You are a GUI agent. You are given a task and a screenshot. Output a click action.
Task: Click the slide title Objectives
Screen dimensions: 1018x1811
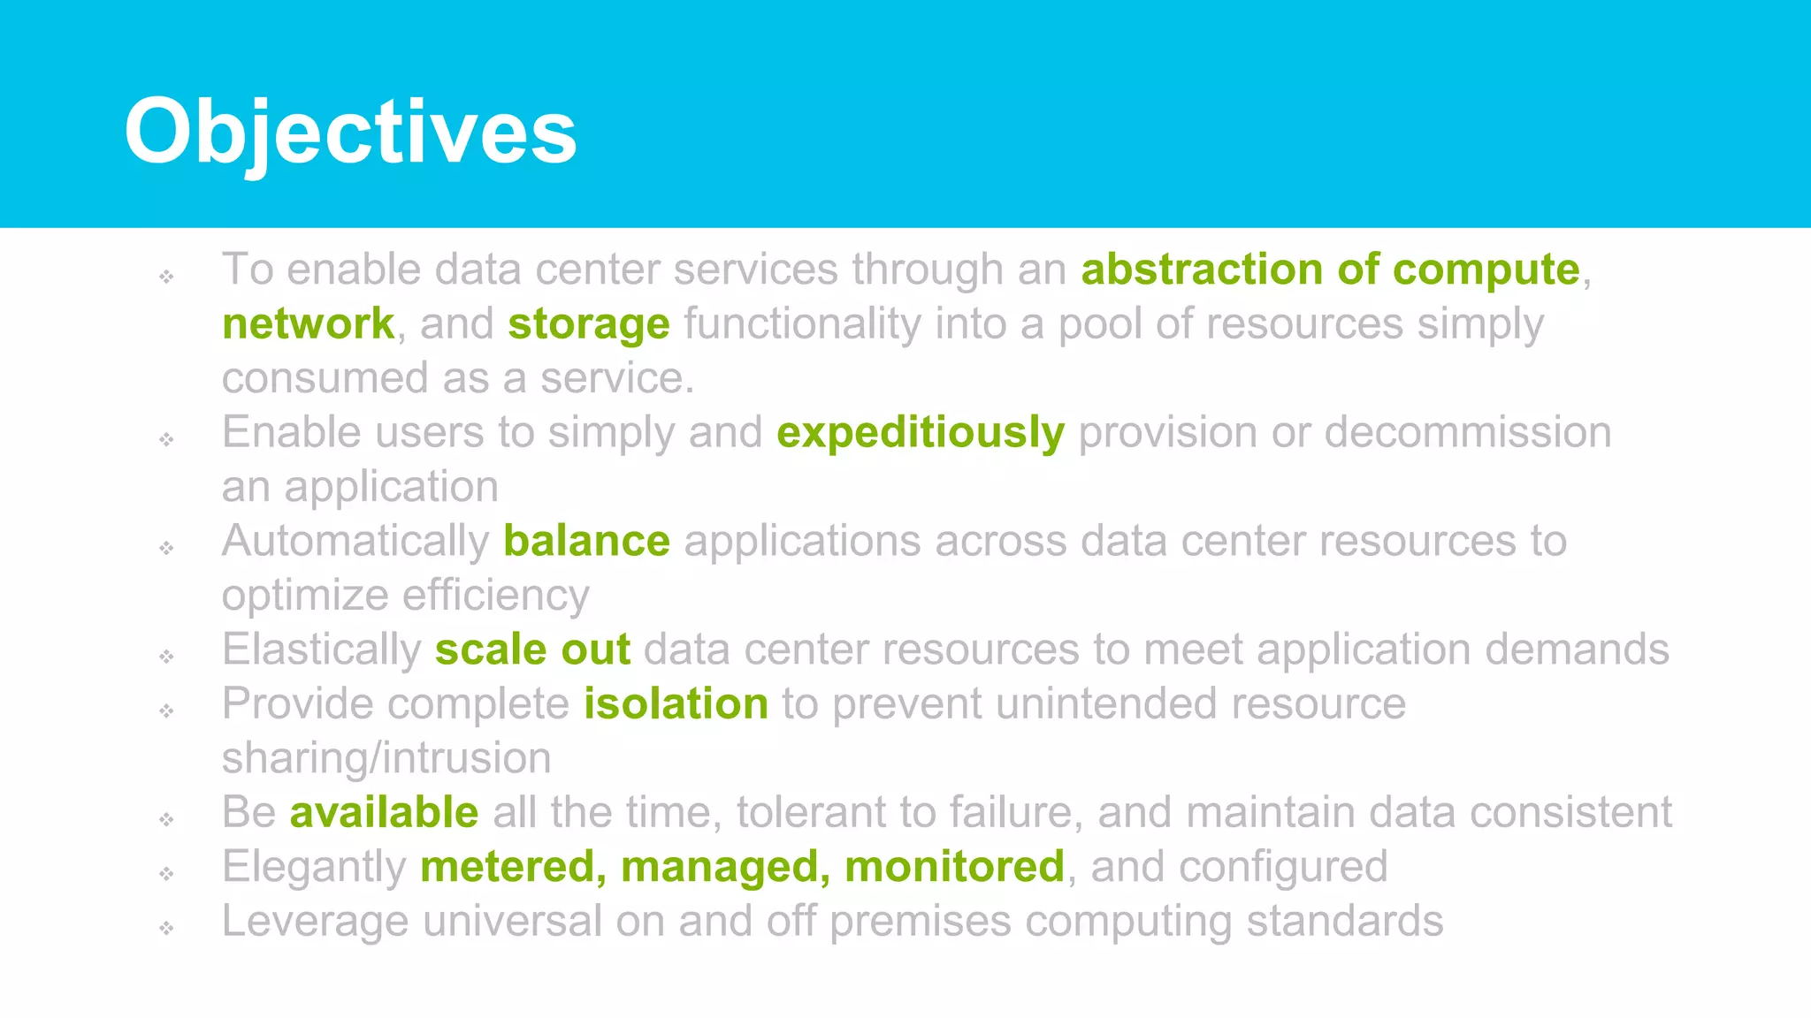click(350, 131)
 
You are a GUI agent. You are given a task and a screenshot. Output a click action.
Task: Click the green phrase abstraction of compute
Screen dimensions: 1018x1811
click(1330, 269)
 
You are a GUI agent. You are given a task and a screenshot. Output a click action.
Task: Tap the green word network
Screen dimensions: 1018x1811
click(308, 323)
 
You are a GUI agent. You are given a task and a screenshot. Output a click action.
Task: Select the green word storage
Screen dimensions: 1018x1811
click(588, 323)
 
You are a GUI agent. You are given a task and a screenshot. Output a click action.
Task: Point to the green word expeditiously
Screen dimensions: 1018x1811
click(920, 432)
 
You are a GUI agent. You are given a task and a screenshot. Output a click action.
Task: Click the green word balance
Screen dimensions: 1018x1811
click(586, 541)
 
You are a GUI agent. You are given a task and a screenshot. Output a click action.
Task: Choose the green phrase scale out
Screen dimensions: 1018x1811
click(532, 650)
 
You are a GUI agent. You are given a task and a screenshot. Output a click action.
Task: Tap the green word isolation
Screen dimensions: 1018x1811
click(676, 704)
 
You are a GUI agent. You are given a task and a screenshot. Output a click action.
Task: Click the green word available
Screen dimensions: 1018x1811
click(384, 812)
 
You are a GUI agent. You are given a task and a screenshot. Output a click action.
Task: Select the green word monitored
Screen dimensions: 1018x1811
click(954, 866)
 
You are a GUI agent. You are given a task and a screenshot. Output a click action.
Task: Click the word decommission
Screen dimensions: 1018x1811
click(1467, 432)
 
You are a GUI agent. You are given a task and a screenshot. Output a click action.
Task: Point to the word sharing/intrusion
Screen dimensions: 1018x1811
click(386, 758)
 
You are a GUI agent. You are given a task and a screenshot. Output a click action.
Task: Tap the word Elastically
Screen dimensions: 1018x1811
click(322, 650)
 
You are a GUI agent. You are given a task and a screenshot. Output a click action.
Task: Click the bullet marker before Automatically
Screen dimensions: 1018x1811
click(167, 548)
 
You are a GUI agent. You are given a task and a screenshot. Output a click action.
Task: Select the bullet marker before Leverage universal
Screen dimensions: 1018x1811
click(167, 928)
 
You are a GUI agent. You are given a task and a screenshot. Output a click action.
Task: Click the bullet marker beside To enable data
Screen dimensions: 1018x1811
click(167, 277)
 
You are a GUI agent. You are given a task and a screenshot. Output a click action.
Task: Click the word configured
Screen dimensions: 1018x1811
click(1283, 866)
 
